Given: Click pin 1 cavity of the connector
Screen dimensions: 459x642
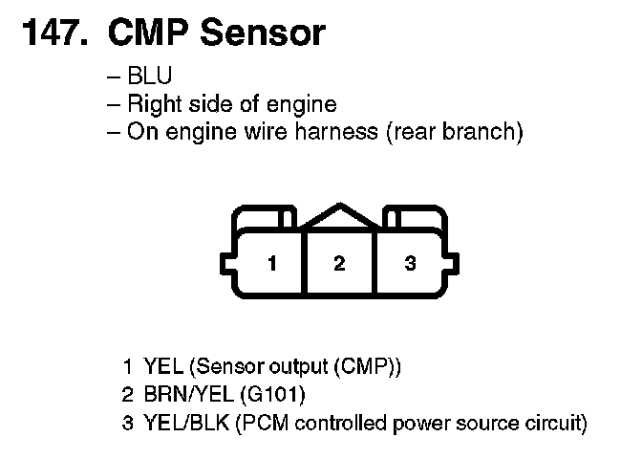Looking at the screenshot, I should [x=272, y=263].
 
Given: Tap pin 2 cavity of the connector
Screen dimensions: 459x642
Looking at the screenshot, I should [x=338, y=263].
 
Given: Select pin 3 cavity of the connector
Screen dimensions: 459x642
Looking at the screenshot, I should [x=410, y=263].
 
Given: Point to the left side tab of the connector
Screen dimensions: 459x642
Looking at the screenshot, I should [x=225, y=263].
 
